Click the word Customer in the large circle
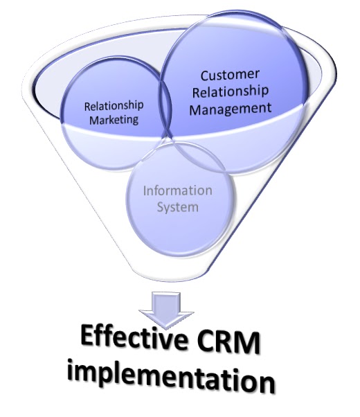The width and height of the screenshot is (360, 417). pyautogui.click(x=230, y=75)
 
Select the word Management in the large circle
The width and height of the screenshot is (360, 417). pyautogui.click(x=231, y=109)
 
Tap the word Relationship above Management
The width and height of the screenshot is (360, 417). pyautogui.click(x=231, y=92)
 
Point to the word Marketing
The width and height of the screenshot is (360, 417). pyautogui.click(x=114, y=120)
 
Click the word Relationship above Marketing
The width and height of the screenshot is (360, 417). pyautogui.click(x=114, y=106)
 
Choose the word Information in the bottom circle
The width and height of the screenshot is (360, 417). pyautogui.click(x=178, y=190)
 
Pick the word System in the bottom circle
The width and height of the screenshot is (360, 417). pyautogui.click(x=178, y=207)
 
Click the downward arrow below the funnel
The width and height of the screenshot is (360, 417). pyautogui.click(x=166, y=310)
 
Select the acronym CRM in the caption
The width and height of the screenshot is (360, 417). pyautogui.click(x=228, y=342)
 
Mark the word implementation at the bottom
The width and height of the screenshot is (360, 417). pyautogui.click(x=171, y=376)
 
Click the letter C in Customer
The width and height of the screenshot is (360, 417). pyautogui.click(x=205, y=76)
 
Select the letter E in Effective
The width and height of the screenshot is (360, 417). pyautogui.click(x=87, y=336)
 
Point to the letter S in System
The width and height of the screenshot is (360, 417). pyautogui.click(x=161, y=206)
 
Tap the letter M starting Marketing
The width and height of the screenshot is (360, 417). pyautogui.click(x=94, y=120)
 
